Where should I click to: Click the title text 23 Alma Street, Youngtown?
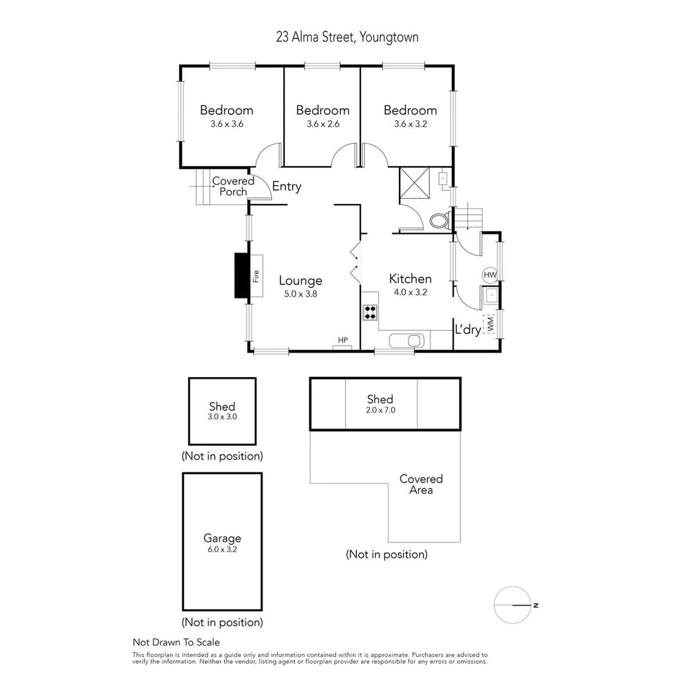[347, 37]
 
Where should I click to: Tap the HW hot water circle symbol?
[490, 275]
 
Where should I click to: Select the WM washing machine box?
[490, 324]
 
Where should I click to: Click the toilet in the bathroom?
[440, 221]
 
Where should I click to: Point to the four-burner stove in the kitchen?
[370, 313]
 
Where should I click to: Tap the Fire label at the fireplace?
[255, 276]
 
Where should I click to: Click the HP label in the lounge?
[342, 340]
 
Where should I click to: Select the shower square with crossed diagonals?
[415, 184]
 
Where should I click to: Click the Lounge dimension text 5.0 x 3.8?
[301, 293]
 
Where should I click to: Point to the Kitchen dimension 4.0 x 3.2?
[410, 292]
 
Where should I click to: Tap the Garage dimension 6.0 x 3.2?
[222, 550]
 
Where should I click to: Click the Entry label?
[286, 187]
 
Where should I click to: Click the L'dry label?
[468, 329]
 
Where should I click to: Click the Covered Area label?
[421, 485]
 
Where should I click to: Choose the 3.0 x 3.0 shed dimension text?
[222, 417]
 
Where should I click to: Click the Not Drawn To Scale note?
[176, 642]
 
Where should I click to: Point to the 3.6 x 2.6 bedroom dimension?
[322, 124]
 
